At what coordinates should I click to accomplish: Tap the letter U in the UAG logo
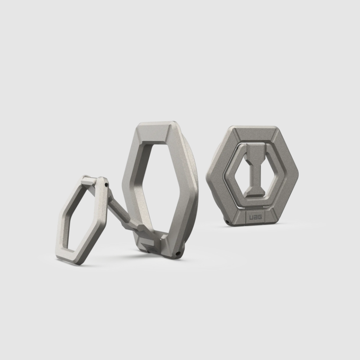[251, 217]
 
